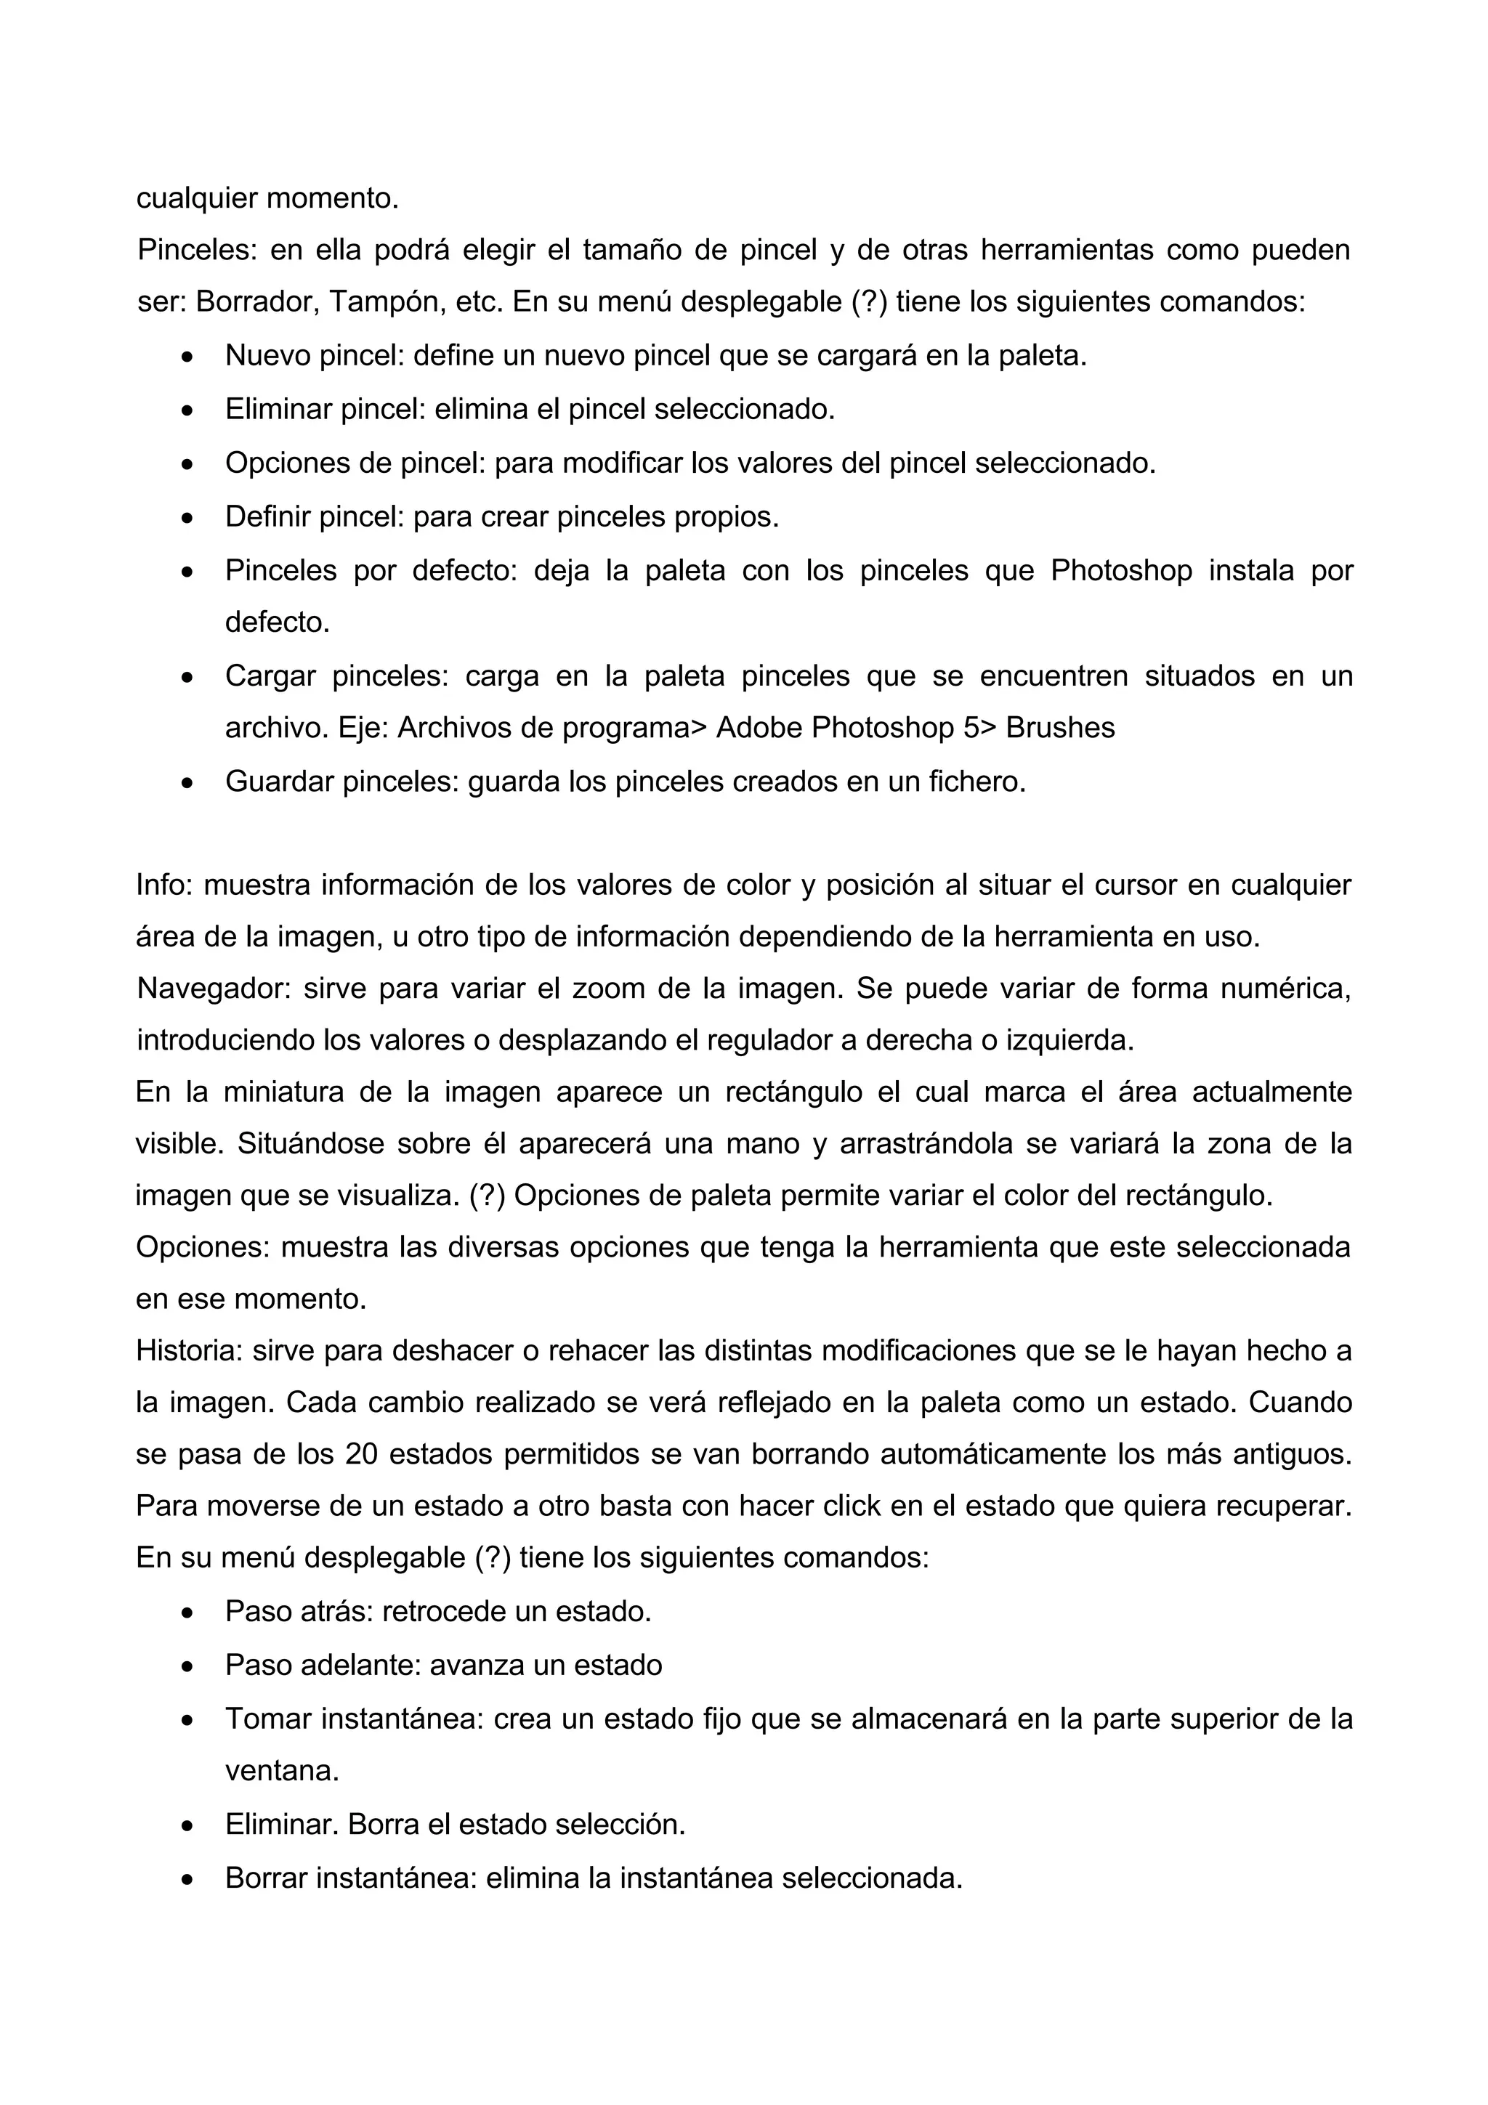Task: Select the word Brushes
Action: coord(1060,727)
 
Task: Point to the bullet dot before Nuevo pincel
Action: coord(188,357)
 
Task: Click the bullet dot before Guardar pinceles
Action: coord(188,783)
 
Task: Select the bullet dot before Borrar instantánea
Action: coord(188,1881)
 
